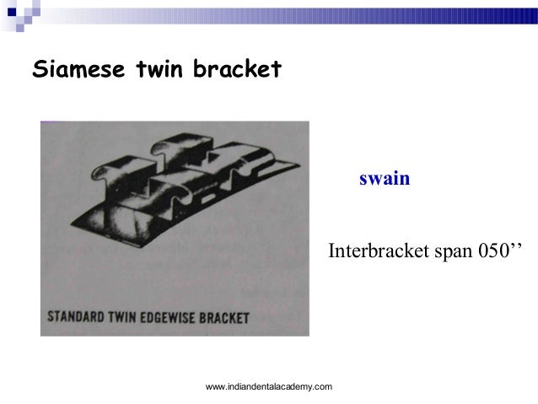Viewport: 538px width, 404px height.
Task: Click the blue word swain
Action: (385, 179)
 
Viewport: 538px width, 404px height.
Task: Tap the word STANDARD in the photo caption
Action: (76, 318)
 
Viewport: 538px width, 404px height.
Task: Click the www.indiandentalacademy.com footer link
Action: (269, 386)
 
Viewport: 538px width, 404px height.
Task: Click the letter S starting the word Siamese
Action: (39, 69)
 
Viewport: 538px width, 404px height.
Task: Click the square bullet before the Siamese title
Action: (10, 10)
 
